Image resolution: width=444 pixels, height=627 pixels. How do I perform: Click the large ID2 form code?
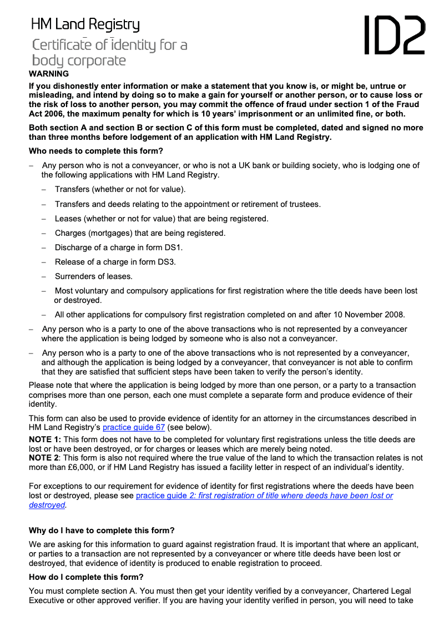click(x=394, y=34)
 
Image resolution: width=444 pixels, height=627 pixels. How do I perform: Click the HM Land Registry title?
click(x=85, y=24)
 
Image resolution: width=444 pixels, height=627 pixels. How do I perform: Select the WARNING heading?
click(x=49, y=74)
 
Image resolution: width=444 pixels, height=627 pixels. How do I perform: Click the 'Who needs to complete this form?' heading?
click(x=95, y=151)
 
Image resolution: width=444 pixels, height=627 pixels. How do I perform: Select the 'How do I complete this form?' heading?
click(x=86, y=577)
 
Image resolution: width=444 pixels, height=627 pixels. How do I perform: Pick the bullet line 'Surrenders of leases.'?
click(x=93, y=276)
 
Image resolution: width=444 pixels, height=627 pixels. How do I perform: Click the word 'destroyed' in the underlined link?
click(x=47, y=505)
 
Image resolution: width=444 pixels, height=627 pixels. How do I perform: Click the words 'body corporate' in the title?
click(x=79, y=60)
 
